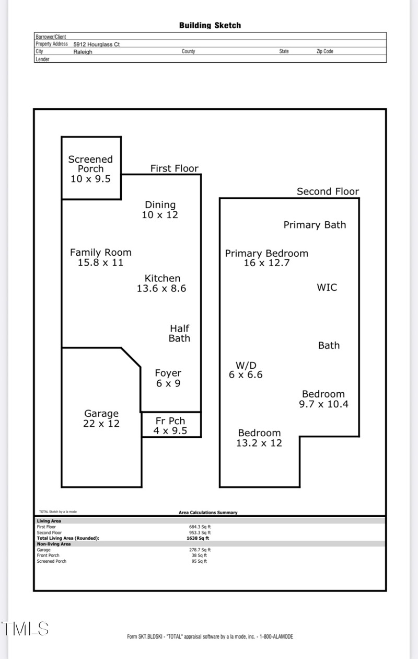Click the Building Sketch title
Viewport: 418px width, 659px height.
[x=210, y=25]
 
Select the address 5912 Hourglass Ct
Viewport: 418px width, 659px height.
[x=96, y=44]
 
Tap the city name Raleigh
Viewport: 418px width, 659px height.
[x=83, y=52]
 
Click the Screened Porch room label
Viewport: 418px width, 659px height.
[x=90, y=168]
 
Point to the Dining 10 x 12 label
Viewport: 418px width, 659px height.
[x=160, y=209]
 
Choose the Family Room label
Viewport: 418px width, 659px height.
[x=100, y=257]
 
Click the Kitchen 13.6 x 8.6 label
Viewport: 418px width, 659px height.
[x=162, y=283]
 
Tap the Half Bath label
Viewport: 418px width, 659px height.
[x=179, y=333]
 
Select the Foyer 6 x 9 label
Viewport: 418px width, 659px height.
[x=168, y=378]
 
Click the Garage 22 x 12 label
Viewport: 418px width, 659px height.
[x=101, y=418]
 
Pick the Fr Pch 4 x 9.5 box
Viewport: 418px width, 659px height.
[x=170, y=426]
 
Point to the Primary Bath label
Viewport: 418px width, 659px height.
[x=315, y=225]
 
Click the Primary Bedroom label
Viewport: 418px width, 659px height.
[x=266, y=258]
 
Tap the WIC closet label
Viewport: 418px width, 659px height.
[x=327, y=287]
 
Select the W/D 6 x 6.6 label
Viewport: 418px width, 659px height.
[x=246, y=370]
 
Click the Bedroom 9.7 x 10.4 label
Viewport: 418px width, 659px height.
[x=323, y=399]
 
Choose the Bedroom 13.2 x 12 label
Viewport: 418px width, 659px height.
[x=259, y=438]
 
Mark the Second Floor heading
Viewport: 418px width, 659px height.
[x=328, y=191]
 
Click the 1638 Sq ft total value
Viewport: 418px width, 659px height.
[x=199, y=538]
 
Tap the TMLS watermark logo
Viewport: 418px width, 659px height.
[x=25, y=629]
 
